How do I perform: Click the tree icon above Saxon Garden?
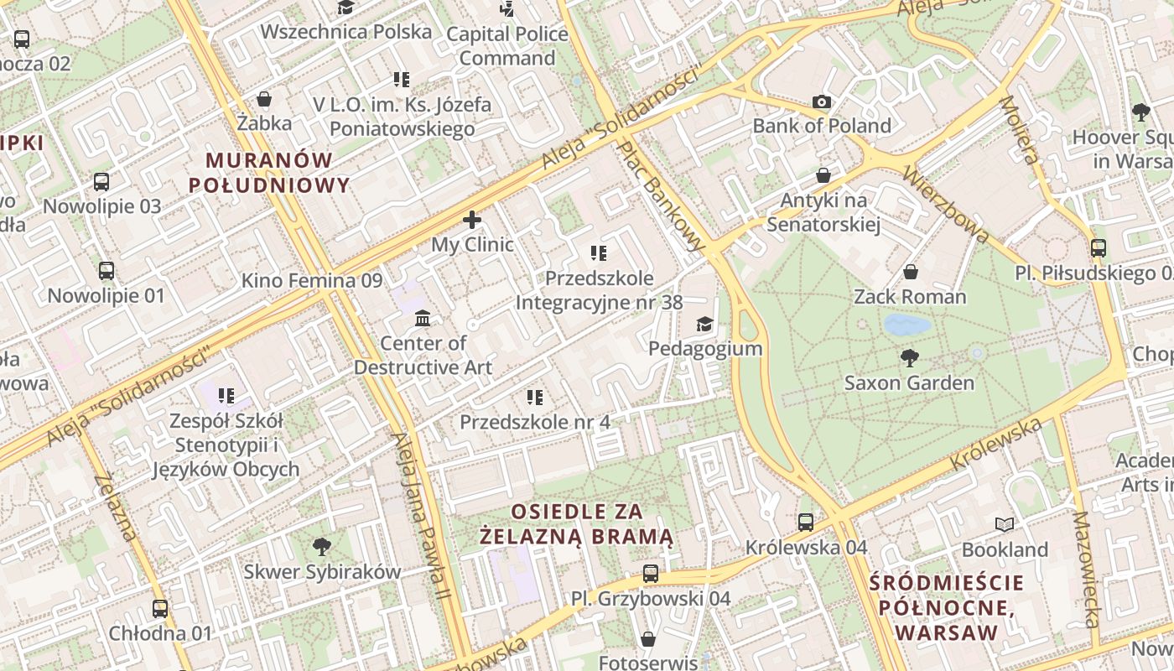[x=909, y=358]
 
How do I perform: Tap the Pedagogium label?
[x=705, y=348]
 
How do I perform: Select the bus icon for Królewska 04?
[x=806, y=522]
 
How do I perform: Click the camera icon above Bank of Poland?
[x=822, y=102]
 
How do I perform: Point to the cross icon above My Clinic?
[x=472, y=221]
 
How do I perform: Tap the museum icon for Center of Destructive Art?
[x=423, y=319]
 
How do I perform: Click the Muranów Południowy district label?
[x=269, y=173]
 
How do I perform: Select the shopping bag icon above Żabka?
[x=264, y=99]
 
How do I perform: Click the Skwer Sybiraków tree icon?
[x=321, y=548]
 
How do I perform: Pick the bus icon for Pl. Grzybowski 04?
[x=651, y=574]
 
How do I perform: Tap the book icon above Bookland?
[x=1004, y=525]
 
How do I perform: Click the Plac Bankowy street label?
[x=662, y=195]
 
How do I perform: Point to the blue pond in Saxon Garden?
[x=907, y=325]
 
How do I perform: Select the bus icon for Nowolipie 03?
[x=101, y=181]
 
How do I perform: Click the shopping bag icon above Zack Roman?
[x=910, y=272]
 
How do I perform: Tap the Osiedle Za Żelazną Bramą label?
[x=577, y=523]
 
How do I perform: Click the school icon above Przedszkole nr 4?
[x=535, y=397]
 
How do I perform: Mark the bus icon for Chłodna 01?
[x=160, y=608]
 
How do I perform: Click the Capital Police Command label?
[x=506, y=46]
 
